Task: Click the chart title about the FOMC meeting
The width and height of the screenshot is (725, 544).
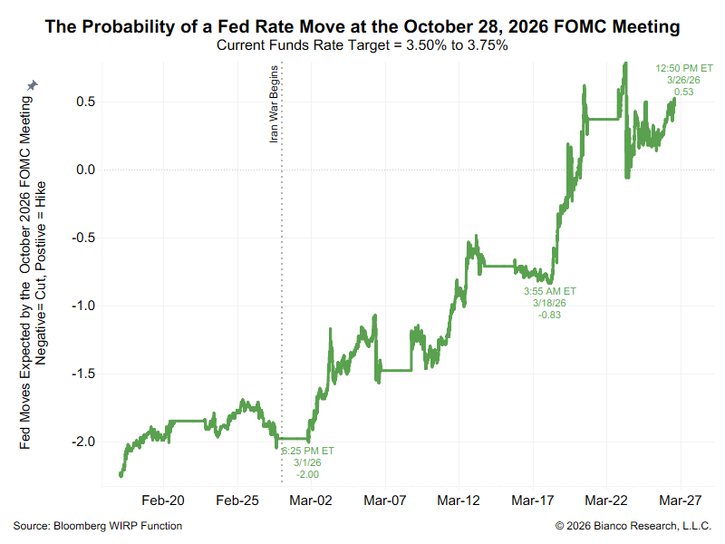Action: click(x=362, y=27)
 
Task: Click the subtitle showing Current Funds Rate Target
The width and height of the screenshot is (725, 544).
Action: click(x=362, y=45)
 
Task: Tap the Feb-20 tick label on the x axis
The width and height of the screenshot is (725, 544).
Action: click(x=163, y=500)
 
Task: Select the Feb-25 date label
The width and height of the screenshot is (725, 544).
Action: click(x=237, y=500)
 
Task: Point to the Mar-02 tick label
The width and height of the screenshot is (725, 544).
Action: click(x=311, y=500)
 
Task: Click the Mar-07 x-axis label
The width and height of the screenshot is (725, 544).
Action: click(x=385, y=500)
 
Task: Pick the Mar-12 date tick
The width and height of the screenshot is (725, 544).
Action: click(x=459, y=500)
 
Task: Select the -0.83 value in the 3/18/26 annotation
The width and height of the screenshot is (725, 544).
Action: click(x=549, y=315)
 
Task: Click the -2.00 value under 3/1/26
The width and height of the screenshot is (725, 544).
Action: click(x=308, y=474)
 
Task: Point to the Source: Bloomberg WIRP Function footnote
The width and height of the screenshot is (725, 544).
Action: click(x=98, y=526)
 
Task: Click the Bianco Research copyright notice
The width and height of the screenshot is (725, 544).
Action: click(x=633, y=526)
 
